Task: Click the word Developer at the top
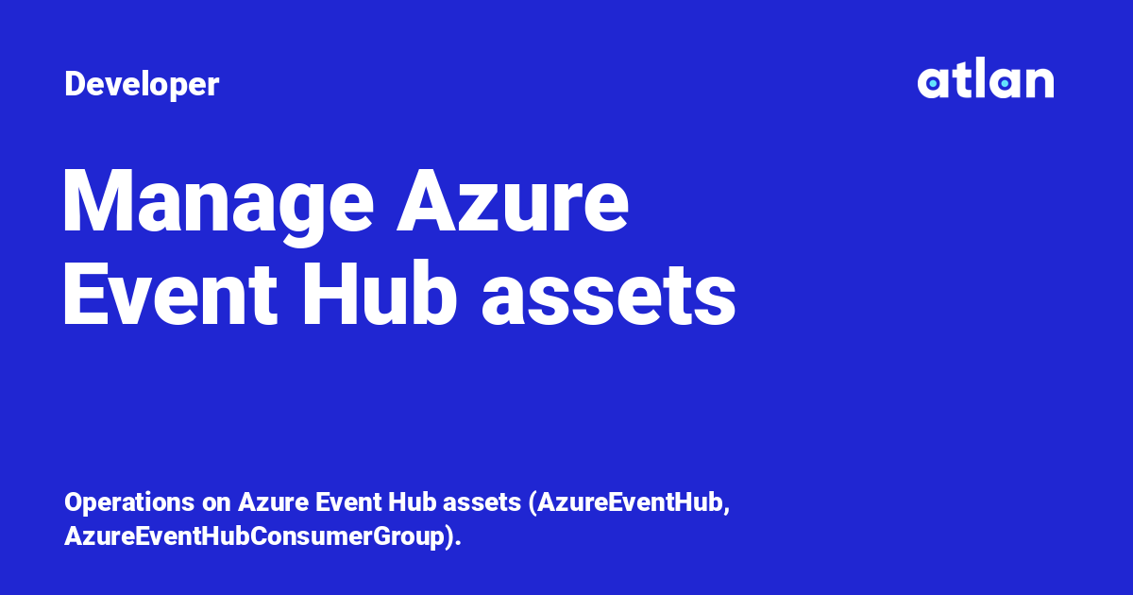[x=142, y=85]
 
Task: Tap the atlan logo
[x=985, y=81]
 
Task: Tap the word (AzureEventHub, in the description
[x=630, y=502]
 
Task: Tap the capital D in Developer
[x=75, y=85]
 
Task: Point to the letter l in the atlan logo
[x=977, y=81]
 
